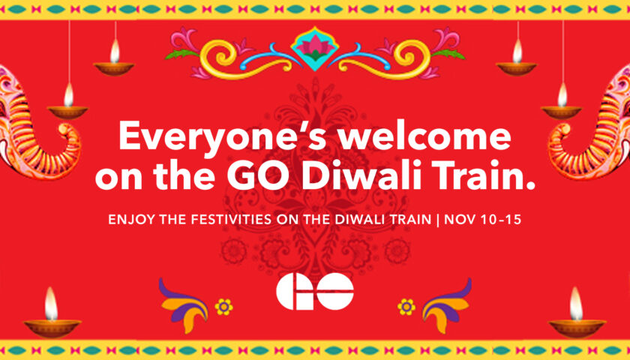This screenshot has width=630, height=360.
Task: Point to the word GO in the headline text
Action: pyautogui.click(x=259, y=176)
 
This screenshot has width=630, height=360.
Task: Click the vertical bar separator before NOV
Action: pyautogui.click(x=437, y=220)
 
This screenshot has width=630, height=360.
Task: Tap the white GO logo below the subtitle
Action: pyautogui.click(x=315, y=291)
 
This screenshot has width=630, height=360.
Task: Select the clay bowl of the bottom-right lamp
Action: pyautogui.click(x=577, y=328)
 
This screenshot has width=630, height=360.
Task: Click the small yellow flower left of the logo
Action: pyautogui.click(x=223, y=307)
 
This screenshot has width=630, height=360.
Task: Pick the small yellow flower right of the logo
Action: pyautogui.click(x=406, y=307)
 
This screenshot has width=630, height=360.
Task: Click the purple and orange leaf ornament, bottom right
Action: pyautogui.click(x=447, y=305)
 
